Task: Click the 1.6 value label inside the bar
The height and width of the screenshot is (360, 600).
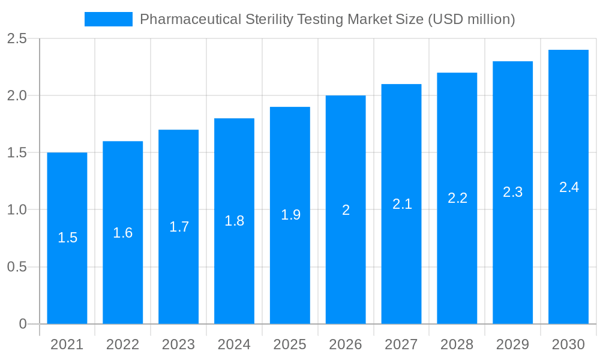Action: pyautogui.click(x=123, y=233)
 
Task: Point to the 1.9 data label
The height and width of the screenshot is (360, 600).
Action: pyautogui.click(x=290, y=215)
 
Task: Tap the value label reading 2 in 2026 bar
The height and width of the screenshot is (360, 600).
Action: pyautogui.click(x=346, y=210)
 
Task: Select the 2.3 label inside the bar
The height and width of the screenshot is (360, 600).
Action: pyautogui.click(x=513, y=192)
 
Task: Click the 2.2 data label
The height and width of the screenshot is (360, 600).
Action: pyautogui.click(x=457, y=198)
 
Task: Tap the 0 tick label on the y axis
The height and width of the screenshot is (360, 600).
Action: pyautogui.click(x=23, y=324)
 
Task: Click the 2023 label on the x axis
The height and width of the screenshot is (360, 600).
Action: pyautogui.click(x=178, y=344)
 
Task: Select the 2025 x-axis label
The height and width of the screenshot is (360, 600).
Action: pyautogui.click(x=290, y=344)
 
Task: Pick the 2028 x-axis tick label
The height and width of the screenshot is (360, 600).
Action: pyautogui.click(x=457, y=344)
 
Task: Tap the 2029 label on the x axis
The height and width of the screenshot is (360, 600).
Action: pyautogui.click(x=513, y=344)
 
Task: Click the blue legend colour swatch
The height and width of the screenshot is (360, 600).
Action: pyautogui.click(x=109, y=19)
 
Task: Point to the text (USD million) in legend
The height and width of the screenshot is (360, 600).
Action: pyautogui.click(x=471, y=19)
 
